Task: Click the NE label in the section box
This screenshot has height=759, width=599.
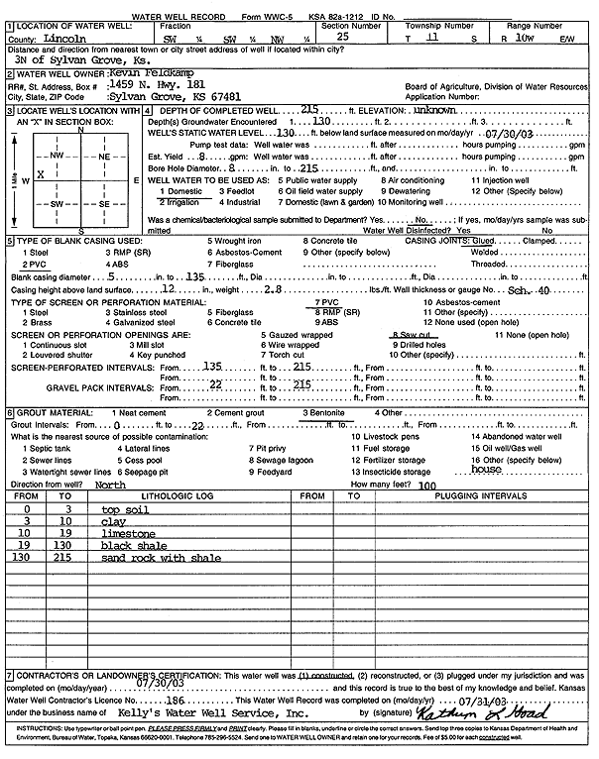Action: click(x=104, y=157)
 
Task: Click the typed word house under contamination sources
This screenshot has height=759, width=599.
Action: click(x=486, y=470)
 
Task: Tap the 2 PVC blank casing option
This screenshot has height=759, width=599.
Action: click(x=32, y=266)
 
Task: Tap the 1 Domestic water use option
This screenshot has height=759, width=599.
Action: click(x=180, y=190)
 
